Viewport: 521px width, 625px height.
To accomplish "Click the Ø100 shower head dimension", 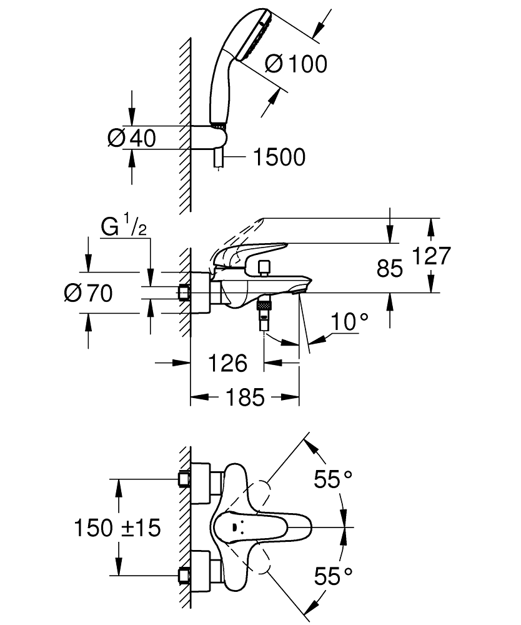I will pos(295,63).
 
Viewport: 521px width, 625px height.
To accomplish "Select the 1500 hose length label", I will pos(279,157).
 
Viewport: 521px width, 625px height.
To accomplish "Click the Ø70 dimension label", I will pos(90,292).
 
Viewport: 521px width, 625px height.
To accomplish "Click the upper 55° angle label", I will pos(333,480).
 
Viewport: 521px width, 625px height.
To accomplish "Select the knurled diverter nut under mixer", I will pos(265,306).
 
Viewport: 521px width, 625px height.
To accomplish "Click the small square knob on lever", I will pos(265,267).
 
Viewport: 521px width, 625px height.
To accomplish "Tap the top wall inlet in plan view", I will pos(184,479).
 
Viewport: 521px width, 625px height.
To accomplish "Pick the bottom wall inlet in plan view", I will pos(184,575).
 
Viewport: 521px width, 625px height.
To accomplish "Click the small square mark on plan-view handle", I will pos(235,527).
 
